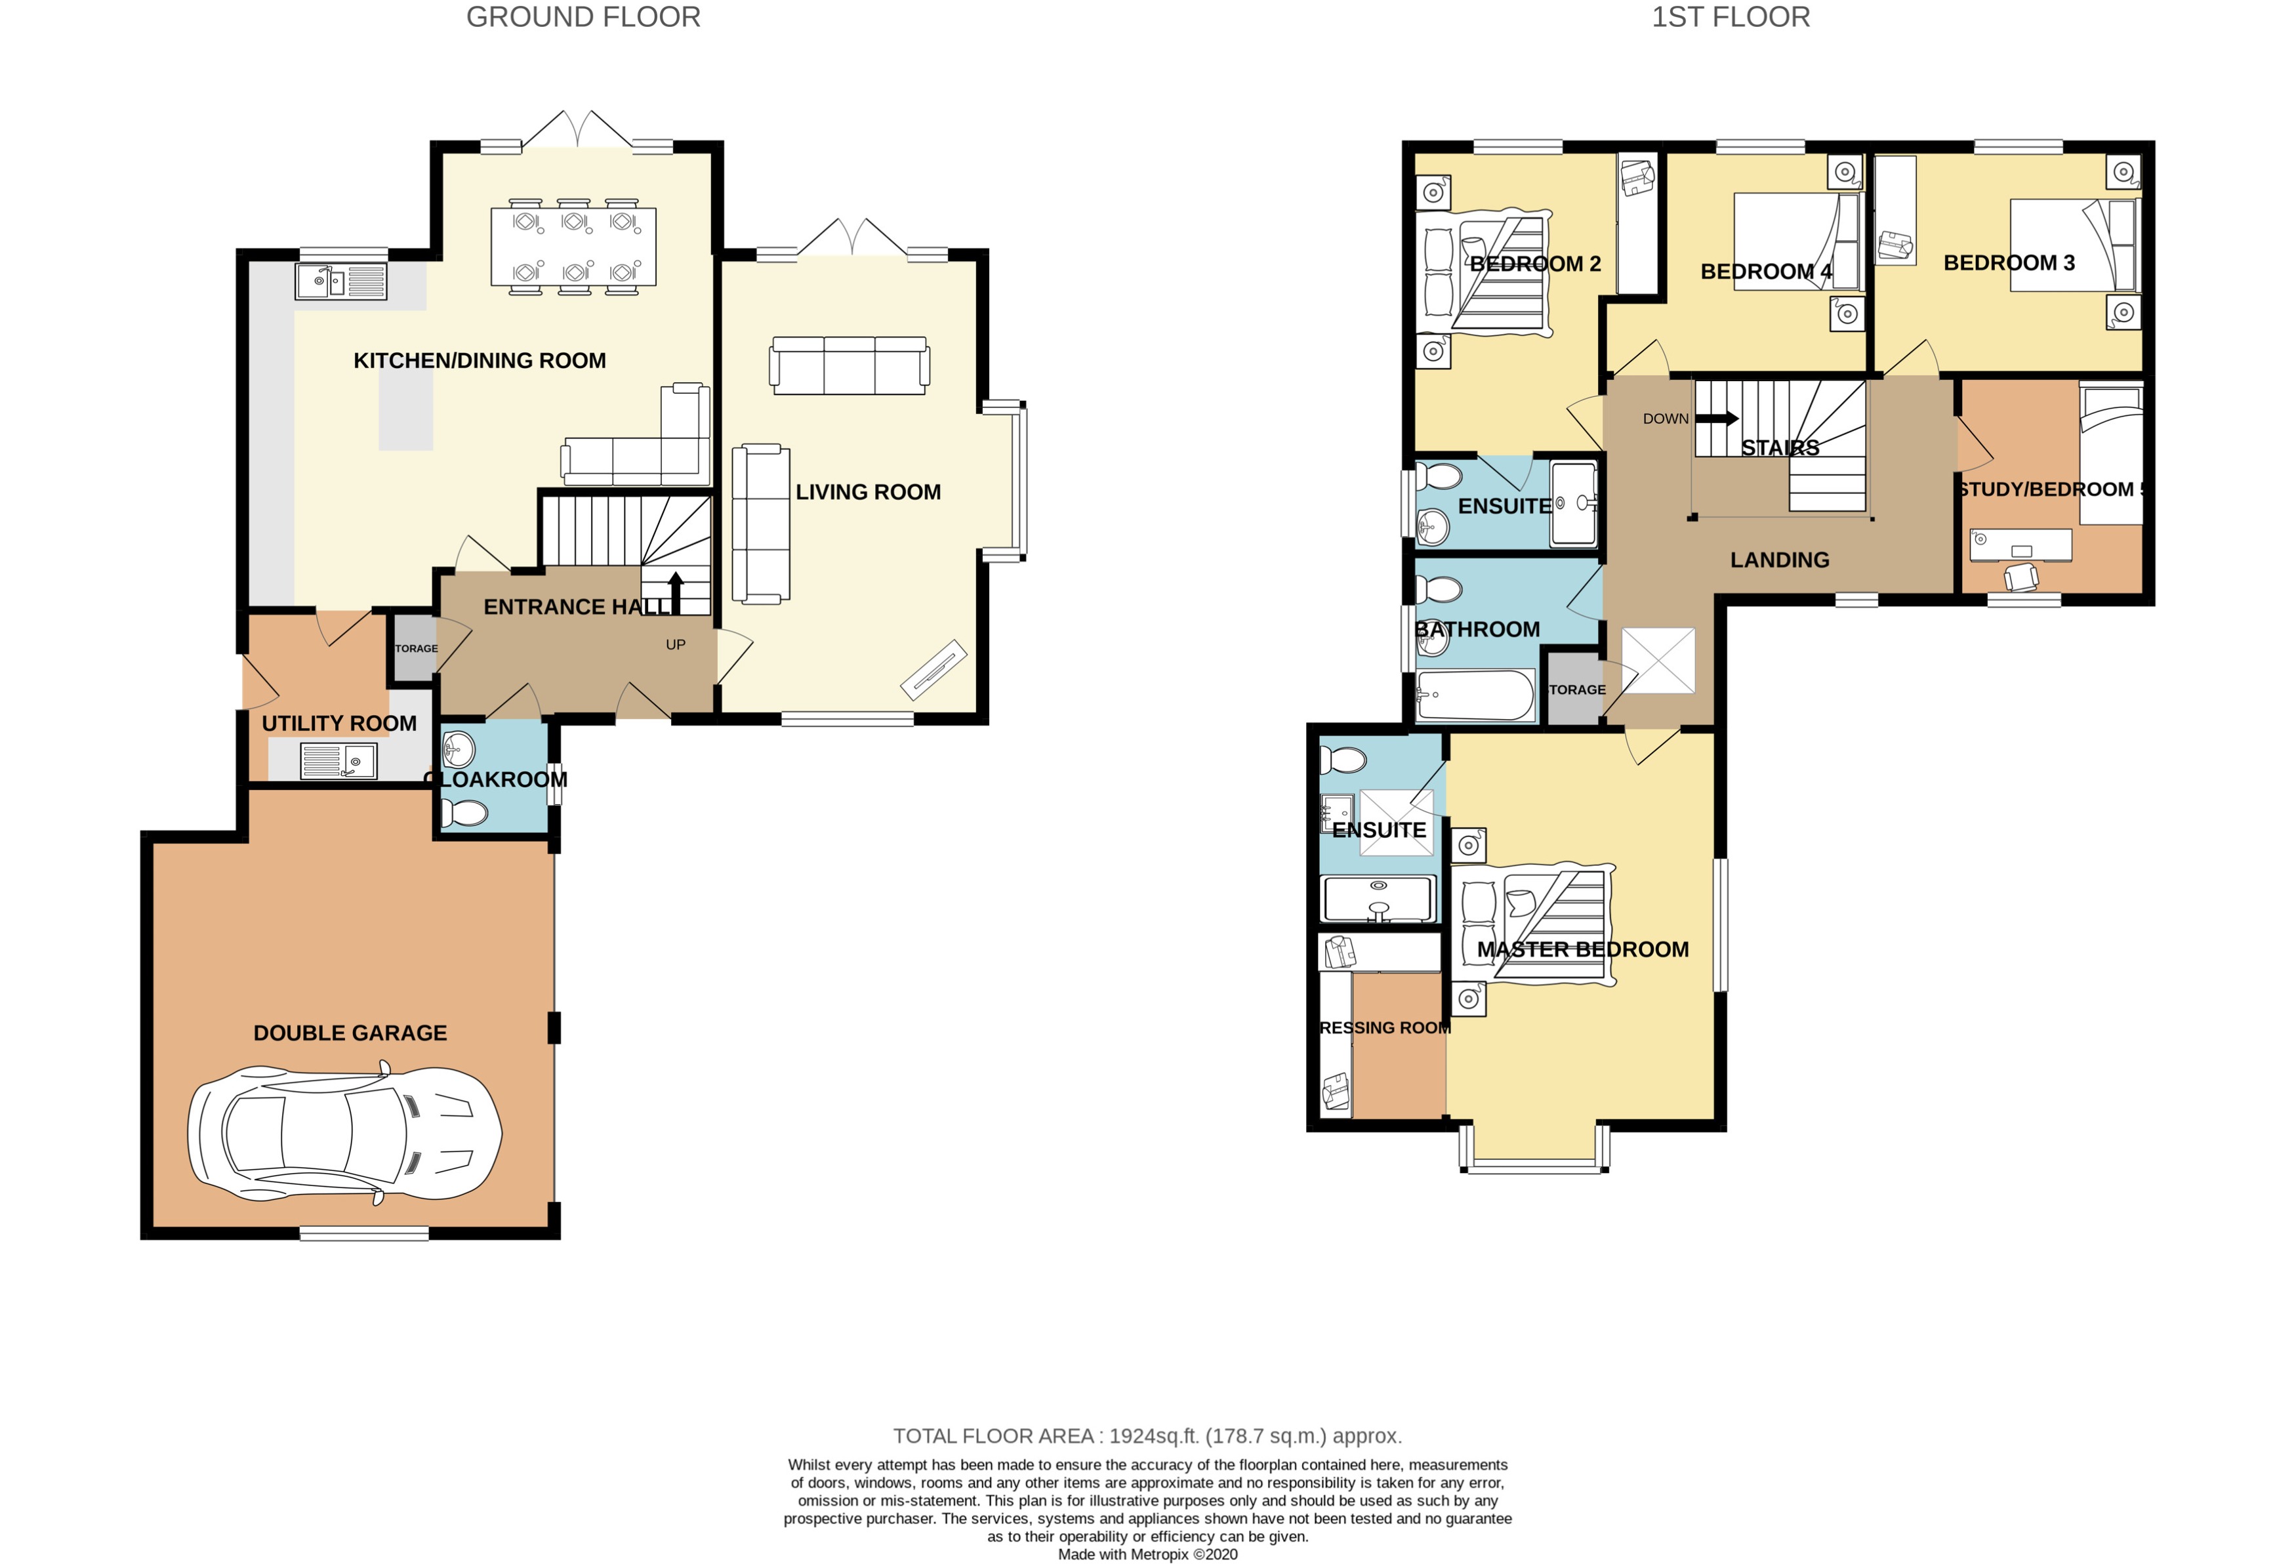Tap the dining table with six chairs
tap(573, 247)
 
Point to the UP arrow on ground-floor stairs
tap(677, 592)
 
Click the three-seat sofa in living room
tap(849, 365)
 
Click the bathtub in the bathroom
tap(1474, 695)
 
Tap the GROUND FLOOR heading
tap(583, 17)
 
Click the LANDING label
tap(1778, 560)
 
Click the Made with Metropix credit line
tap(1147, 1554)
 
